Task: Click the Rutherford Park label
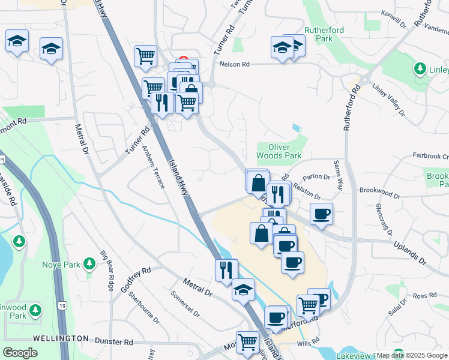(318, 34)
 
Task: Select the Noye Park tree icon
(89, 263)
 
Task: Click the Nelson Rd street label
(234, 64)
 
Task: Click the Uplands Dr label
(409, 254)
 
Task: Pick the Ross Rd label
(424, 296)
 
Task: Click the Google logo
(20, 353)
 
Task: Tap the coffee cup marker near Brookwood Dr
(321, 214)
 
